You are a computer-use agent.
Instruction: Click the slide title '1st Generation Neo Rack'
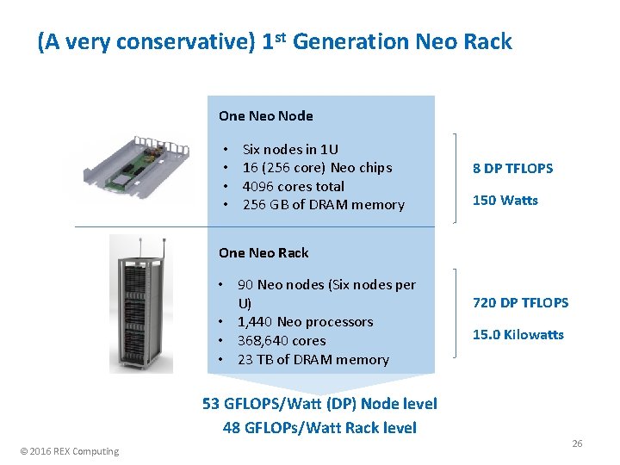pos(275,41)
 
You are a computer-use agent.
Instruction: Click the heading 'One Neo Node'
pos(265,115)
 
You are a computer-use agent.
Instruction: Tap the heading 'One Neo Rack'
pos(263,252)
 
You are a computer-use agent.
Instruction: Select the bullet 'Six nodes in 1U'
pos(290,149)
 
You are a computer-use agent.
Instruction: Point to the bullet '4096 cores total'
pos(293,186)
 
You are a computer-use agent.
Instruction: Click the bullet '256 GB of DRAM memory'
pos(323,204)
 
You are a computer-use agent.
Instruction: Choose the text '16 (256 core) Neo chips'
pos(317,167)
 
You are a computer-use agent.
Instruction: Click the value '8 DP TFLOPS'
pos(512,168)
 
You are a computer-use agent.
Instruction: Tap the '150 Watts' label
pos(505,200)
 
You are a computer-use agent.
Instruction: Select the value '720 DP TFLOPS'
pos(520,302)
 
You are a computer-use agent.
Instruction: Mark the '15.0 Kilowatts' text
pos(518,334)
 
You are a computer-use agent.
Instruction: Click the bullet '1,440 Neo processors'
pos(305,322)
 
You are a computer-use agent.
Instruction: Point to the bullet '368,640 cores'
pos(281,340)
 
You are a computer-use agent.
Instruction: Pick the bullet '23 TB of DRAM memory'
pos(313,359)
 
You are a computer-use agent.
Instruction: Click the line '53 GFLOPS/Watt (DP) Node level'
pos(319,403)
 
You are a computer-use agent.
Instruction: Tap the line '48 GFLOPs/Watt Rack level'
pos(319,427)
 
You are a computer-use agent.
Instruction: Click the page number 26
pos(577,443)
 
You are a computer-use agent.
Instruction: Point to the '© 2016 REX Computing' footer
pos(71,451)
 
